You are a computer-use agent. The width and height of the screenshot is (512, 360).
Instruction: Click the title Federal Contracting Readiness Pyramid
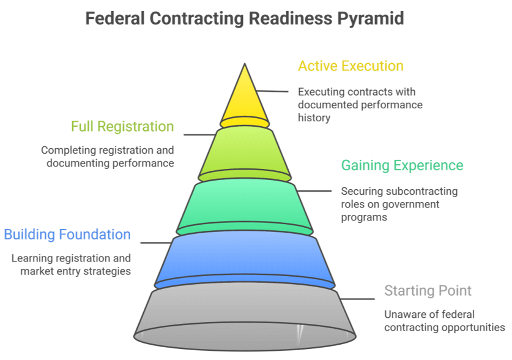pos(244,18)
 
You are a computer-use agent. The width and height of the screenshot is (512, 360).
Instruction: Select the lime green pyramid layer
pos(244,153)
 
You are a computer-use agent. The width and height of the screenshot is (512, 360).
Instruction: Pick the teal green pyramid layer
pos(244,205)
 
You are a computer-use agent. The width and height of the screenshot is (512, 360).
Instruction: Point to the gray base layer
pos(244,315)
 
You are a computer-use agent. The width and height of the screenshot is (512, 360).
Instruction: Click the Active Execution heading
pos(351,66)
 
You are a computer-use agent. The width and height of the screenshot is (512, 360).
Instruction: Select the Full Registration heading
pos(122,127)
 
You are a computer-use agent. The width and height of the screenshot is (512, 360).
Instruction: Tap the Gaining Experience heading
pos(402,165)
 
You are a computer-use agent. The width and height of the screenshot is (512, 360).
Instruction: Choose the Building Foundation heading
pos(67,234)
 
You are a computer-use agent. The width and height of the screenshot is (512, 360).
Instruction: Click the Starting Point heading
pos(428,290)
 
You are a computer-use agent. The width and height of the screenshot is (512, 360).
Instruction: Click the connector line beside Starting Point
pos(358,299)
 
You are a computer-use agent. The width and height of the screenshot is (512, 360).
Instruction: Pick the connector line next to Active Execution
pos(273,91)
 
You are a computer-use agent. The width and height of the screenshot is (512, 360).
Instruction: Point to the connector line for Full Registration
pos(199,134)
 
